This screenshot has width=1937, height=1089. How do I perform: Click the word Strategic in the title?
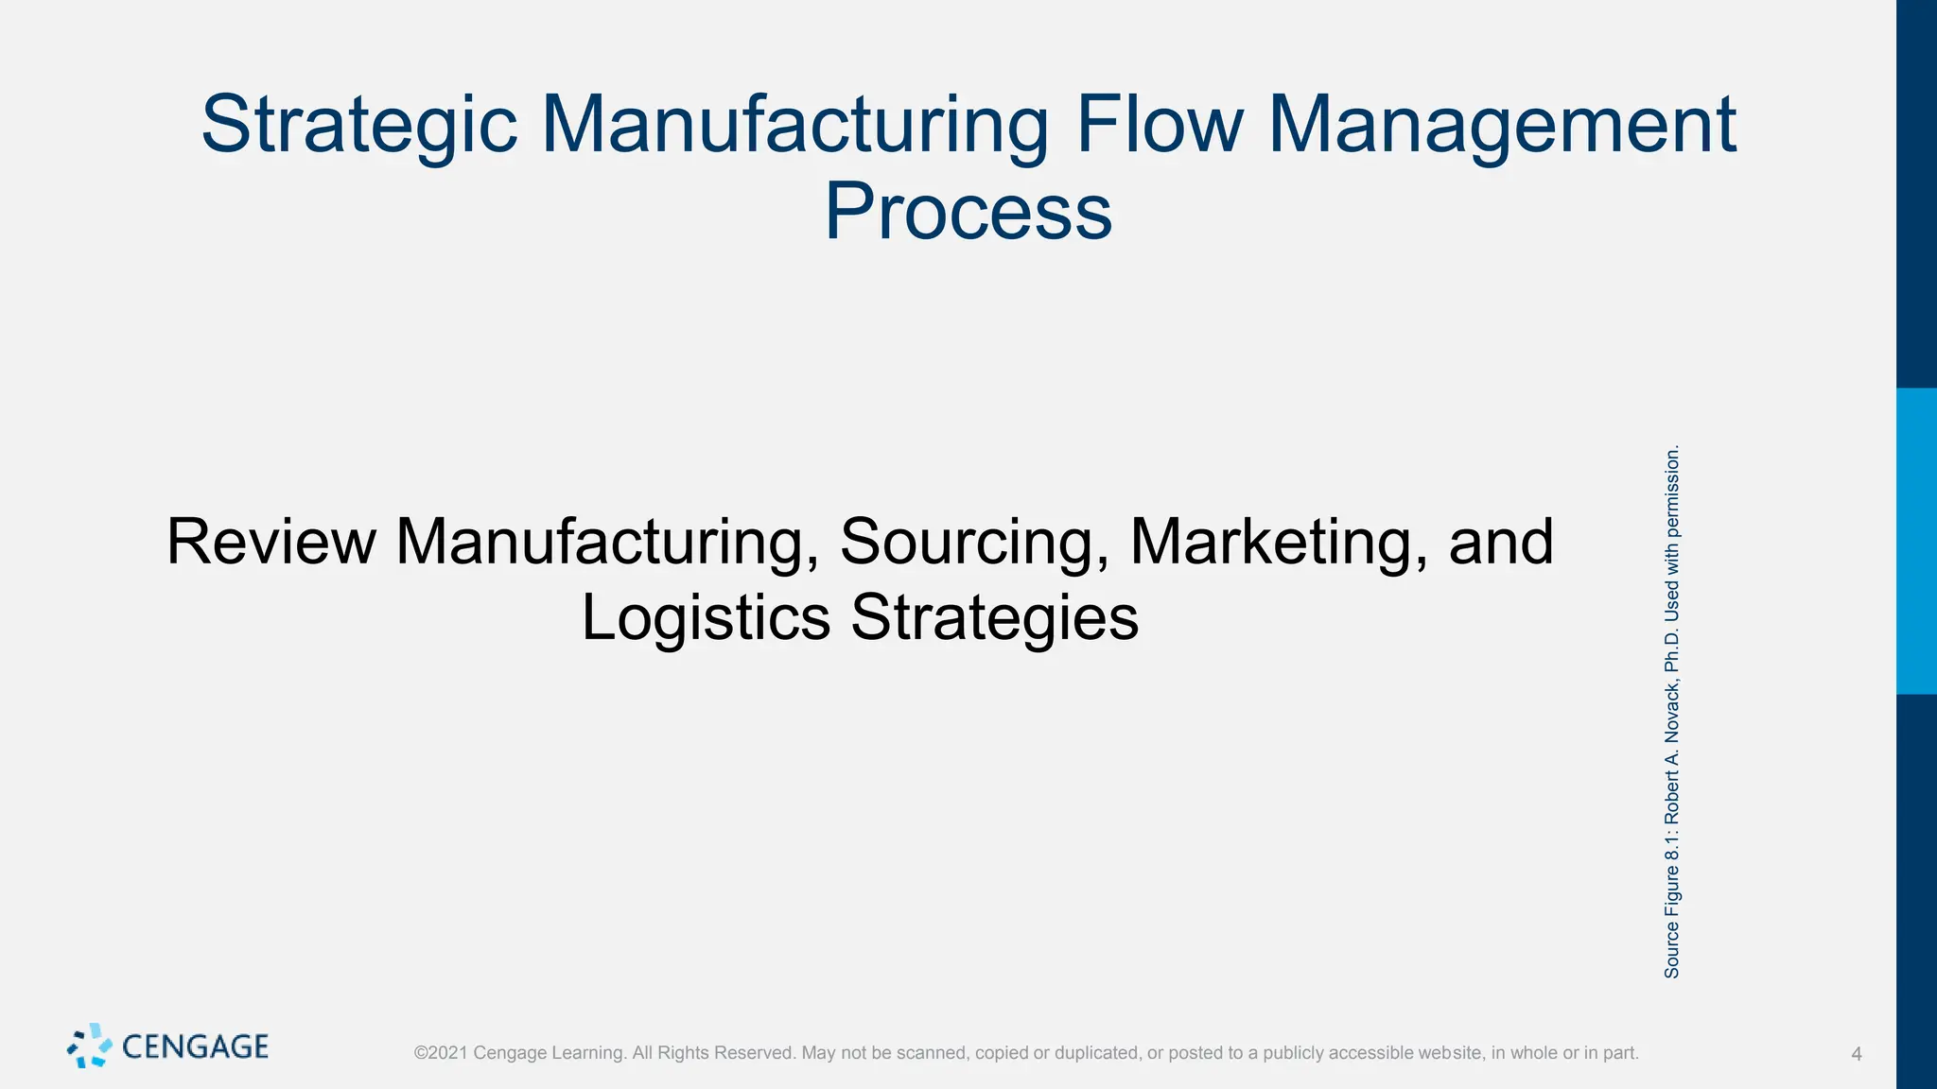359,126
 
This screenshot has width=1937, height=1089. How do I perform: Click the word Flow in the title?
1160,126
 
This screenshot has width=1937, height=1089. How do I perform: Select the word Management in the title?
1501,126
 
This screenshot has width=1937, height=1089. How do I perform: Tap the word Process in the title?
968,213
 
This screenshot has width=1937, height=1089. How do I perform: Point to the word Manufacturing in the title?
794,126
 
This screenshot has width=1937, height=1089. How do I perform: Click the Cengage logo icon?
89,1046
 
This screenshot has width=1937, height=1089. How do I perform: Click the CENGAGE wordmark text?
196,1046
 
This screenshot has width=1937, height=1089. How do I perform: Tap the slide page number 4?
1856,1054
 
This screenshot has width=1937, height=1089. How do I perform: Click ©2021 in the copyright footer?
441,1053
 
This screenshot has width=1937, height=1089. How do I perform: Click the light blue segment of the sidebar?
1916,541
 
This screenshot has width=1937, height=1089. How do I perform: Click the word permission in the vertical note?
1672,492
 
